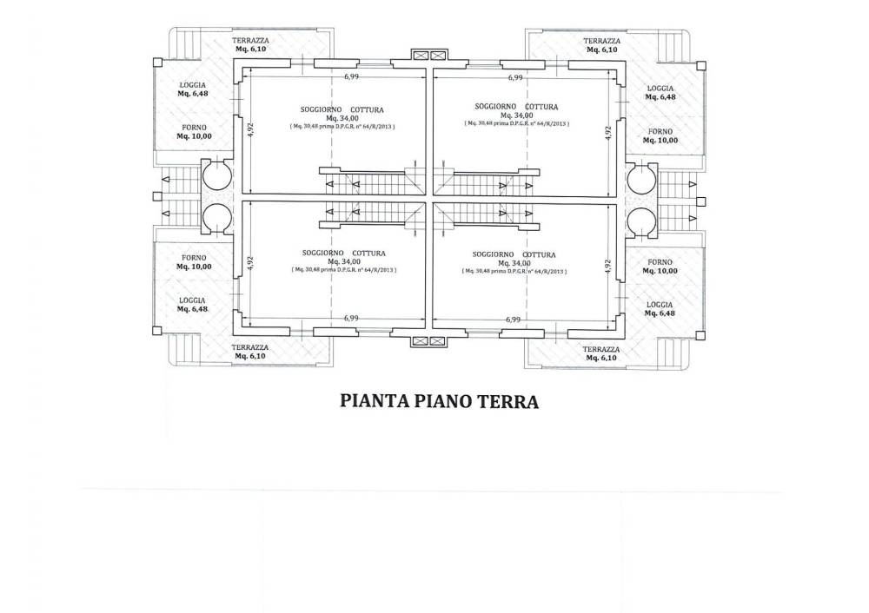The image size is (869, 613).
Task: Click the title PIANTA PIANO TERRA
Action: point(440,402)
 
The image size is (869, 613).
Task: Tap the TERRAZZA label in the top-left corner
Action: point(251,40)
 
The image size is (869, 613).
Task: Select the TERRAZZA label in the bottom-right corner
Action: point(601,348)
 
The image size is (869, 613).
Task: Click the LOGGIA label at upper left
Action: point(193,84)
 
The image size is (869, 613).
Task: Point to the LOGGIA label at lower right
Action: point(660,304)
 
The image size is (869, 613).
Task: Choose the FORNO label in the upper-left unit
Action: point(193,128)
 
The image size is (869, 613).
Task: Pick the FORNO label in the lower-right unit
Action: point(660,261)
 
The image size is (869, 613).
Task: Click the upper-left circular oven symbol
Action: point(216,177)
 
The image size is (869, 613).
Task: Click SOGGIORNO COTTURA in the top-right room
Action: point(516,106)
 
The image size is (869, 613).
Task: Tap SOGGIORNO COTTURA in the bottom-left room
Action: point(344,253)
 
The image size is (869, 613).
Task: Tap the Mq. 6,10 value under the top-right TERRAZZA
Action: point(601,49)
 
